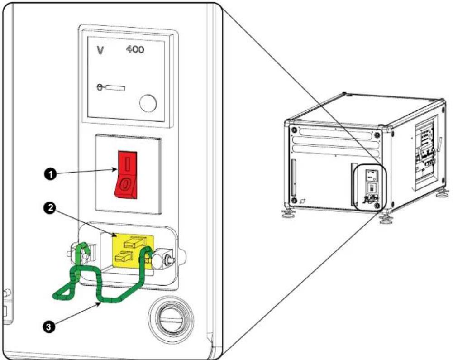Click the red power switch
pyautogui.click(x=126, y=175)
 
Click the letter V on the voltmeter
pyautogui.click(x=100, y=50)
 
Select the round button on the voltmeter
pyautogui.click(x=148, y=103)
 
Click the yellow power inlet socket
pyautogui.click(x=133, y=250)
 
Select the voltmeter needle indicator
pyautogui.click(x=111, y=87)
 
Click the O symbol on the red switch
pyautogui.click(x=125, y=184)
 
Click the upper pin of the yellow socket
pyautogui.click(x=134, y=242)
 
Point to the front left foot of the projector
pyautogui.click(x=288, y=213)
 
